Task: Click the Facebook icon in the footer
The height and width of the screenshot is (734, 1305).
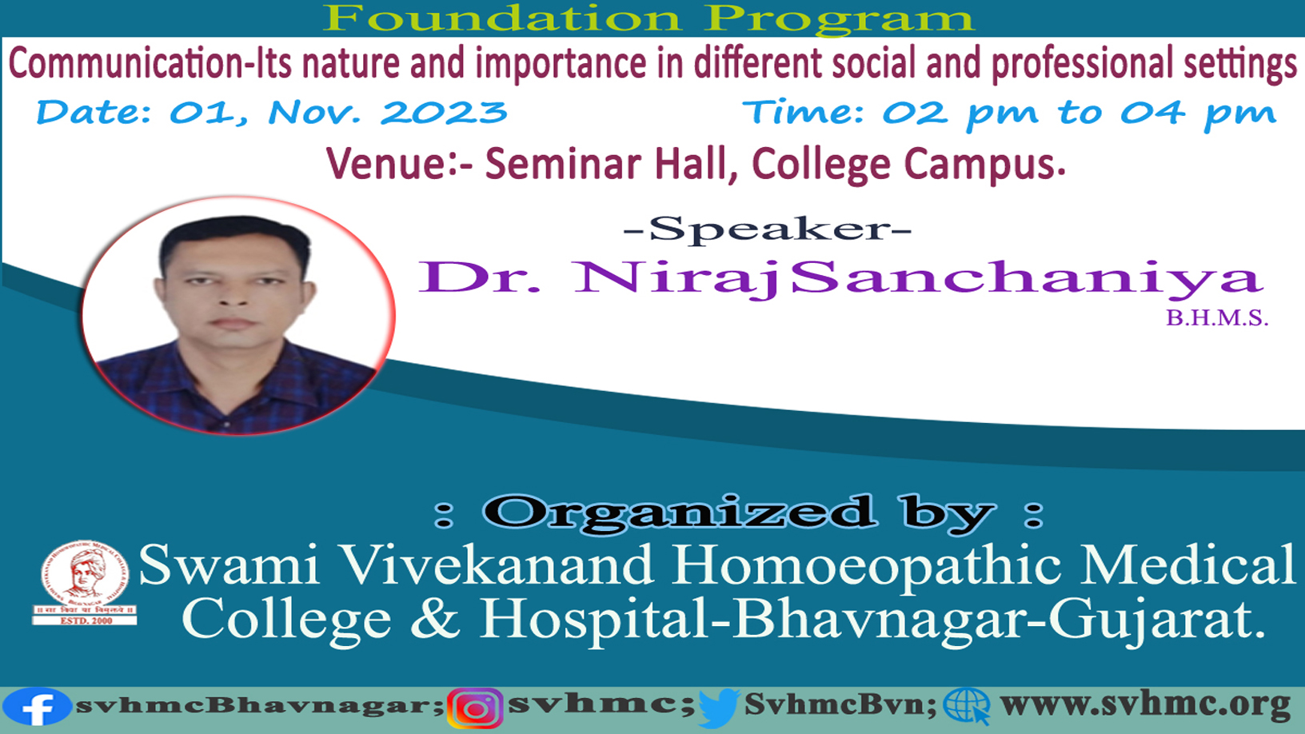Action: click(36, 708)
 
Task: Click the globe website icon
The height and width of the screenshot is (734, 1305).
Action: click(967, 707)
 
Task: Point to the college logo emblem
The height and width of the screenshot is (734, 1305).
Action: click(84, 575)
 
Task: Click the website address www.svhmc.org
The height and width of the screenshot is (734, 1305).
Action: click(1145, 705)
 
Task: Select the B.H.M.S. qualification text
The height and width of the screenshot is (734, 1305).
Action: click(1216, 318)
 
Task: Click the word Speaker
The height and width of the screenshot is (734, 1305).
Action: click(768, 229)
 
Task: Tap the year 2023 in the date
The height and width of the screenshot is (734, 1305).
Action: click(443, 112)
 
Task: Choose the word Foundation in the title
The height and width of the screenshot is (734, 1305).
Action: click(501, 18)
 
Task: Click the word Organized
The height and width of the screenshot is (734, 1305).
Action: click(679, 513)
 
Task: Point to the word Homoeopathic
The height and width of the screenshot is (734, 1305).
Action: click(866, 565)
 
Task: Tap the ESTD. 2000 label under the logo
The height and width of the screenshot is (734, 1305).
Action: click(86, 621)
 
